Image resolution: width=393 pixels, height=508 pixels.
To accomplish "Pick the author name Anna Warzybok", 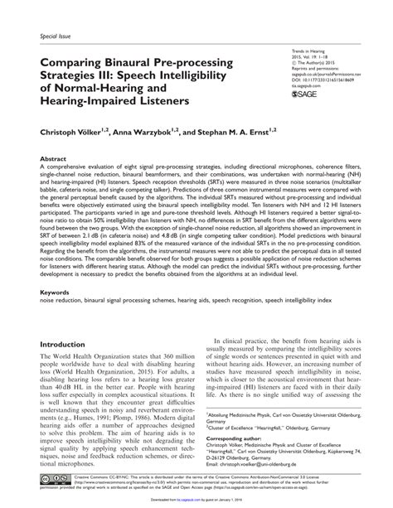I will point(143,132).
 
